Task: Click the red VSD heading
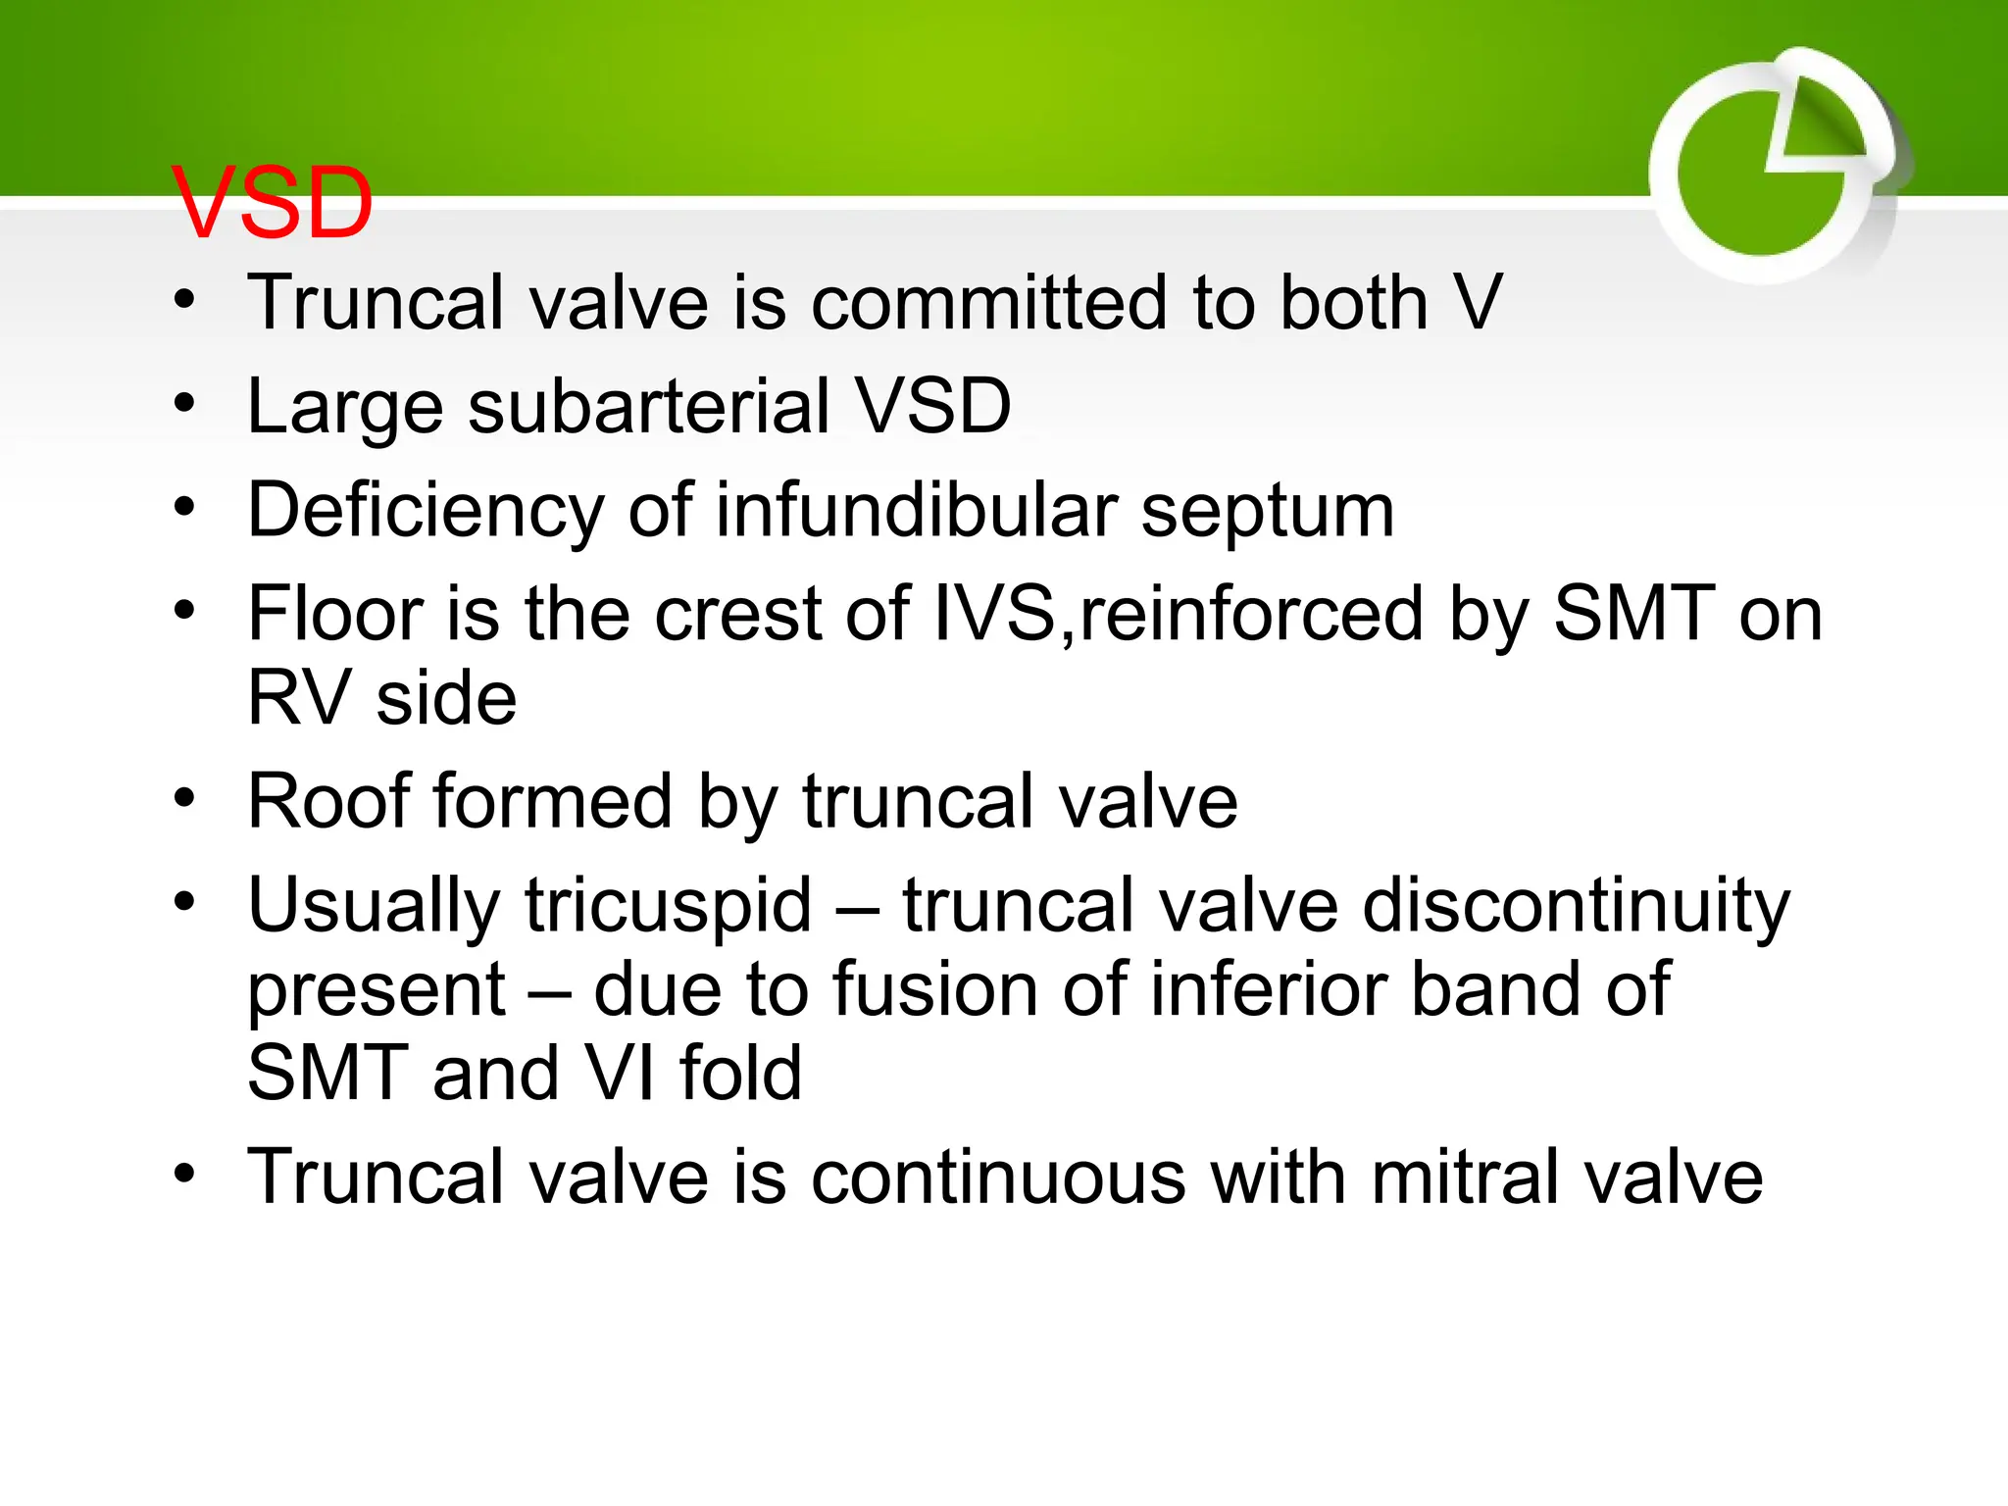click(x=273, y=204)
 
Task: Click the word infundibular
click(x=917, y=510)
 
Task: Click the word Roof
click(x=333, y=802)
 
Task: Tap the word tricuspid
click(x=668, y=906)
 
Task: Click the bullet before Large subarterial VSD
click(x=185, y=403)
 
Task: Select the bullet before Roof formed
click(x=185, y=798)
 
